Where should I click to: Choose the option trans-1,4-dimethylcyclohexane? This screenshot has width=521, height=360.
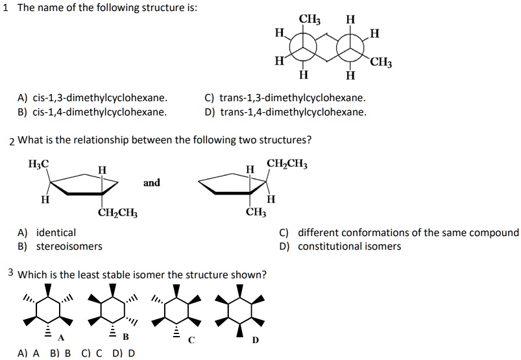point(285,112)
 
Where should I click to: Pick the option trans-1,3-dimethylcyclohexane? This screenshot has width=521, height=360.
point(285,99)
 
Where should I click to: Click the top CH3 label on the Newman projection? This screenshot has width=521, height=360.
point(309,19)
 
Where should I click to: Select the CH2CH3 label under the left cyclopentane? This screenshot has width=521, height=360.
point(117,213)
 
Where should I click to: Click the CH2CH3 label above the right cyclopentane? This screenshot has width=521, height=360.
point(287,164)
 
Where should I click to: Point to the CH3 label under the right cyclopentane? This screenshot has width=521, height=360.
point(256,213)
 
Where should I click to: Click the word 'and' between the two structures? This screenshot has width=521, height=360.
point(152,183)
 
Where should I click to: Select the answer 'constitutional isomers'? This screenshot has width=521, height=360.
point(349,246)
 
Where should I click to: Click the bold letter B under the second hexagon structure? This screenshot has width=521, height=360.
point(126,337)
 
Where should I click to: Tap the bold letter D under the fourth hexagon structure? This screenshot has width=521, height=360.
point(256,339)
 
